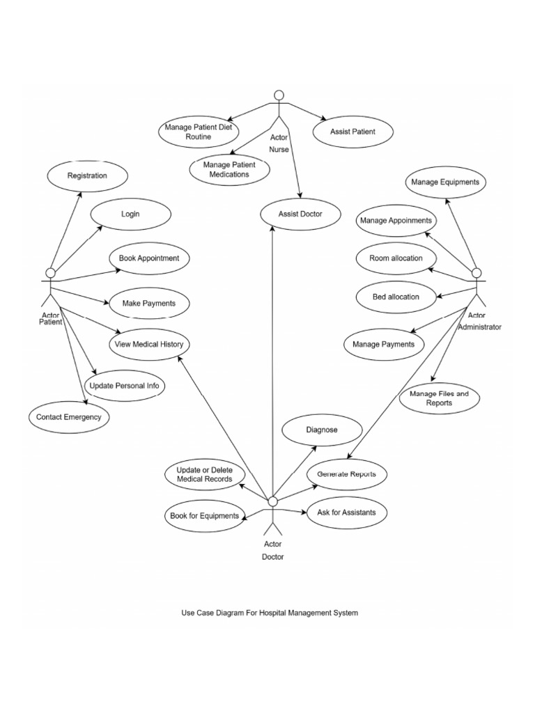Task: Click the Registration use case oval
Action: [87, 175]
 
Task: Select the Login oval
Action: [130, 214]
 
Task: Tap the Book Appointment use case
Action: [148, 258]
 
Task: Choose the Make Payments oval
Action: [148, 304]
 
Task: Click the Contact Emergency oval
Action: [68, 417]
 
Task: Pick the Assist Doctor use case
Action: [300, 214]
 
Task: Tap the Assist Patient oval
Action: [352, 132]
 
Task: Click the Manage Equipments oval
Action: [445, 182]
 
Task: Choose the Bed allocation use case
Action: [396, 297]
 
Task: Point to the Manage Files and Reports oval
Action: [440, 398]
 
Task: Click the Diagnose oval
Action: [322, 430]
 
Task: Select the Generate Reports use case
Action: [346, 474]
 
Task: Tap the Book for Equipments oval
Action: [205, 516]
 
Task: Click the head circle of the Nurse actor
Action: [279, 95]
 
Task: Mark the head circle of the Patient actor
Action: [50, 272]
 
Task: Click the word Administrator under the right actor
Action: [479, 327]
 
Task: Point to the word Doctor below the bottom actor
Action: [272, 557]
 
